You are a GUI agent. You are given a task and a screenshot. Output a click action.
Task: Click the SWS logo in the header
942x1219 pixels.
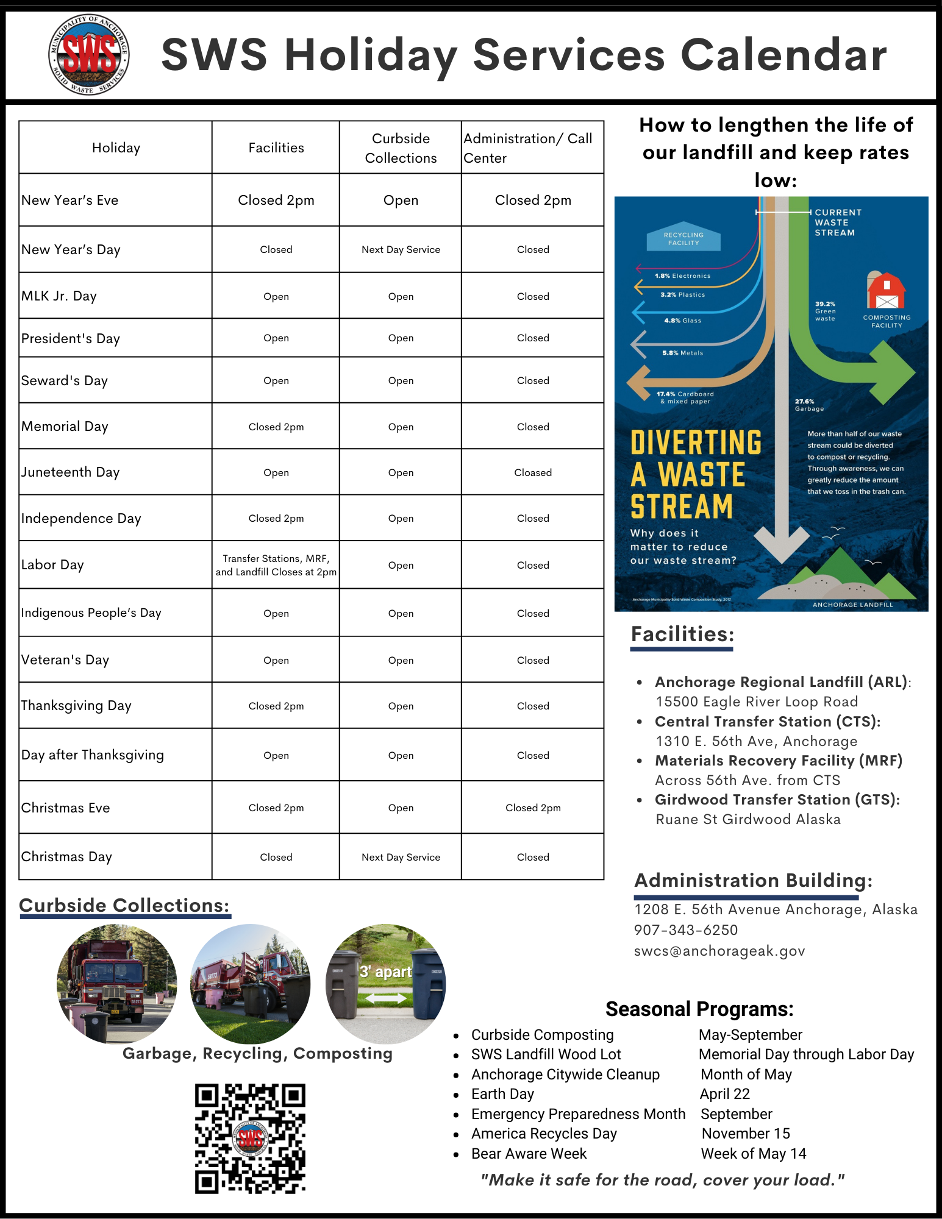(89, 55)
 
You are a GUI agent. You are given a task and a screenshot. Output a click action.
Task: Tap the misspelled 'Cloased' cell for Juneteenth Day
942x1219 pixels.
(532, 472)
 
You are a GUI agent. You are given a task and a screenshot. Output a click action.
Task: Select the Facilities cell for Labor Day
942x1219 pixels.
(276, 565)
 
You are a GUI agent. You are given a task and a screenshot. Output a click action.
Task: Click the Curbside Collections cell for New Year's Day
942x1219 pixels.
(401, 249)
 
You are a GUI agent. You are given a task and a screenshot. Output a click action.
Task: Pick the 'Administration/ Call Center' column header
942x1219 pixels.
(528, 148)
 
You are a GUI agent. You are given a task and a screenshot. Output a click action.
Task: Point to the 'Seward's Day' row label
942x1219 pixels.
(65, 381)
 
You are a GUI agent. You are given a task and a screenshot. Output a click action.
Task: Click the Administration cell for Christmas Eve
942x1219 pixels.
(532, 808)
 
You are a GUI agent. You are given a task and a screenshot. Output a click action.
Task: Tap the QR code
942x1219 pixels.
(250, 1138)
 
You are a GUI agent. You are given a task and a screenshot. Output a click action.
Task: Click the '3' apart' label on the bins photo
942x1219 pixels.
(385, 972)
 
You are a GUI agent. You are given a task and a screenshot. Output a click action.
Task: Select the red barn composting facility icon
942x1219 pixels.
(886, 290)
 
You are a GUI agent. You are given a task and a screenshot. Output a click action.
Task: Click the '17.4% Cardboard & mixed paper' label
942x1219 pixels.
(685, 397)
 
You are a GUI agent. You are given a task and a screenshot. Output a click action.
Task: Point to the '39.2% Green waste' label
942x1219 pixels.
(826, 311)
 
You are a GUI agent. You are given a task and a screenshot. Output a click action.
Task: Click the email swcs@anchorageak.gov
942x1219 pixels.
(719, 951)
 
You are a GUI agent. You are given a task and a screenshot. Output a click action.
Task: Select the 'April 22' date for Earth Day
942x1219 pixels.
(724, 1094)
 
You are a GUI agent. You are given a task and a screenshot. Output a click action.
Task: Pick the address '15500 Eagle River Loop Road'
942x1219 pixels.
(757, 702)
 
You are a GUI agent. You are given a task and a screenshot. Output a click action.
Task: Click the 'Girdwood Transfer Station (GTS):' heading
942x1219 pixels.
(777, 800)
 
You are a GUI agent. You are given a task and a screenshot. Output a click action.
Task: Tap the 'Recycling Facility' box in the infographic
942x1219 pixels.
(683, 238)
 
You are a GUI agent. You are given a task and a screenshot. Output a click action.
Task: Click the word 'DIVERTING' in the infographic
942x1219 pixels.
(696, 443)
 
